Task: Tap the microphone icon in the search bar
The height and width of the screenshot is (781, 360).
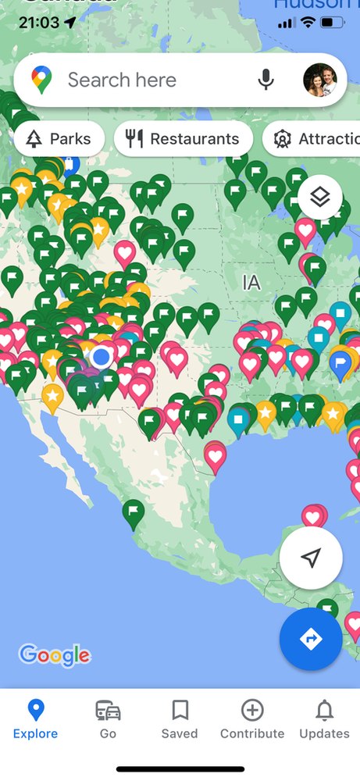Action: (266, 80)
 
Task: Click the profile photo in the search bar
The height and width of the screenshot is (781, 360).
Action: (320, 80)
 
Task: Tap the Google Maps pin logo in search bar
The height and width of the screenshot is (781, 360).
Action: (41, 80)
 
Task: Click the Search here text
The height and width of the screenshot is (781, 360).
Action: (122, 80)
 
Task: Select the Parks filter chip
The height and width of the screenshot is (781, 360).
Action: (59, 140)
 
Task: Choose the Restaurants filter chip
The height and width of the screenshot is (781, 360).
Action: (184, 140)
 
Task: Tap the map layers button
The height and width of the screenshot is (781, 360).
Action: (320, 196)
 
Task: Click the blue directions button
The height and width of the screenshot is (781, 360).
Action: (311, 639)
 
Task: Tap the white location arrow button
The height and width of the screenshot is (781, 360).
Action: (311, 558)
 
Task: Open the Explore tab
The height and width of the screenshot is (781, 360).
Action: (35, 719)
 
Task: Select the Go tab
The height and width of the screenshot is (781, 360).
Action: (108, 719)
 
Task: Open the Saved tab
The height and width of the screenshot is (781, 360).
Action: (180, 719)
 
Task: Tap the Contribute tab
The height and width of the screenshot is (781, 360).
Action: (252, 719)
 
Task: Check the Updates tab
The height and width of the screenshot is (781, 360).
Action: (324, 719)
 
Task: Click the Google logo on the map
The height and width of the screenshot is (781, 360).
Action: (54, 654)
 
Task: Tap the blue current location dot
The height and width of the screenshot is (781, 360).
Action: (101, 358)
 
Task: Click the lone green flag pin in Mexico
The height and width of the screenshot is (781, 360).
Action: (134, 512)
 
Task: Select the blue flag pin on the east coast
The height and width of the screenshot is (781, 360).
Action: (340, 363)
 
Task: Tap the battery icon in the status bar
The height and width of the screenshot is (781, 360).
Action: (337, 23)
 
